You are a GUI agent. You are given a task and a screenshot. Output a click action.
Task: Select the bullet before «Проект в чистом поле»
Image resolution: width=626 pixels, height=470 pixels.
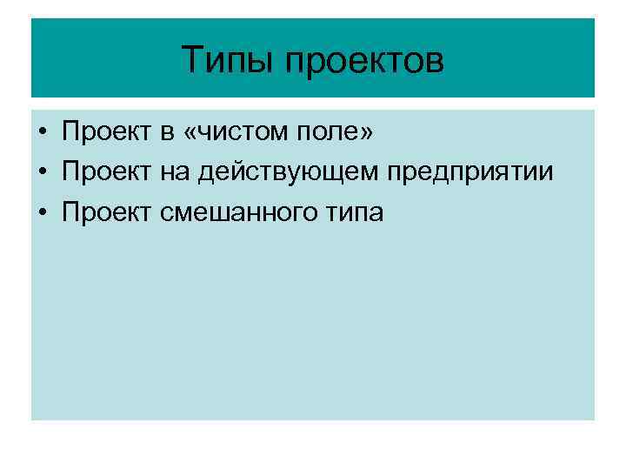42,133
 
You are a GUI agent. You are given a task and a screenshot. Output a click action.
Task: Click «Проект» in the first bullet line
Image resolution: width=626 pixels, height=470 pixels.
105,133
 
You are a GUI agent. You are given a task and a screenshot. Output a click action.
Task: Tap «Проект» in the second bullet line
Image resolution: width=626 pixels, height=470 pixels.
105,172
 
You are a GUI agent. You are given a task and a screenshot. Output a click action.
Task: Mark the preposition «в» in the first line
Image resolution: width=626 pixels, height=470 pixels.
166,134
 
